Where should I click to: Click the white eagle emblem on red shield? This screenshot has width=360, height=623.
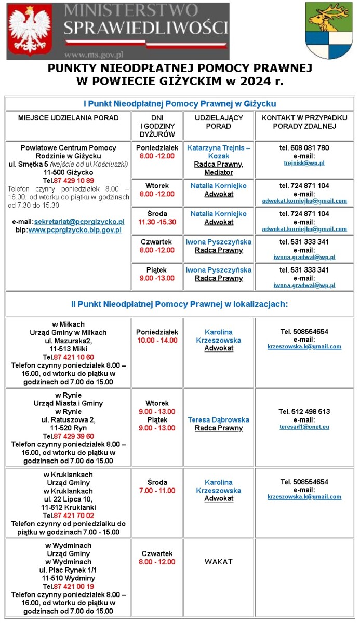31,30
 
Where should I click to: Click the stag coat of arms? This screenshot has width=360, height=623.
328,30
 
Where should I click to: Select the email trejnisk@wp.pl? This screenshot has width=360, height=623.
304,163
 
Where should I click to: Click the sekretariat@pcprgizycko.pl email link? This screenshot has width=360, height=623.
79,222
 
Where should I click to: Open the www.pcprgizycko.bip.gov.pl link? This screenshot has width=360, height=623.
75,230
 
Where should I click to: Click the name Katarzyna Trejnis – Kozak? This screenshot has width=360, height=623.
218,152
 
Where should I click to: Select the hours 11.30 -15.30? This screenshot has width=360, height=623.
157,222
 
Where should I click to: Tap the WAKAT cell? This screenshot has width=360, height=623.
218,562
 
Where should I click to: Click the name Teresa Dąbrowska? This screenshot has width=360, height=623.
218,419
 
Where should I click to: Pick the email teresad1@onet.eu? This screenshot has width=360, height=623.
304,427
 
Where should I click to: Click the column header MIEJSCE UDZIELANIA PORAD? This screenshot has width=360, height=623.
68,118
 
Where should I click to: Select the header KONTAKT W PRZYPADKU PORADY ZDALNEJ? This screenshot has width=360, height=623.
304,122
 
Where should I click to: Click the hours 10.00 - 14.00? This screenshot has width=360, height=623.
157,341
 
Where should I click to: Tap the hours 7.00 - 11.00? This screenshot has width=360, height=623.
157,491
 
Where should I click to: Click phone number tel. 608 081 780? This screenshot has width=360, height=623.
304,148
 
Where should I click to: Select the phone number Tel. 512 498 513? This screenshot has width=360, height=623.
304,412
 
